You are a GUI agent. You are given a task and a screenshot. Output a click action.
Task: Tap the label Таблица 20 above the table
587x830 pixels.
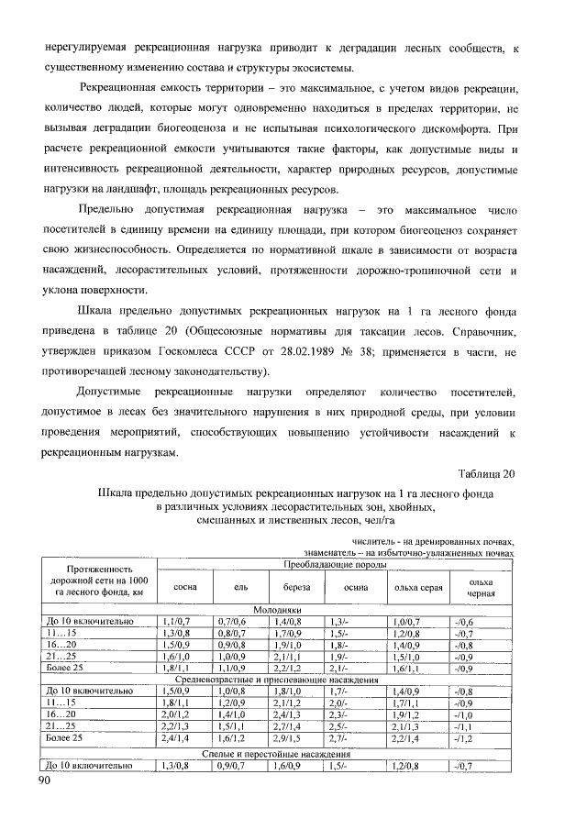[487, 473]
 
